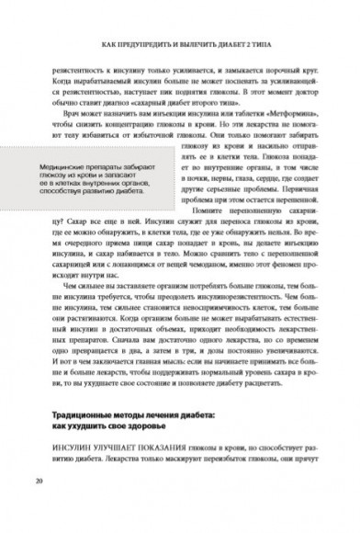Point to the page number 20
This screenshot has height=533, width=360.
point(38,481)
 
